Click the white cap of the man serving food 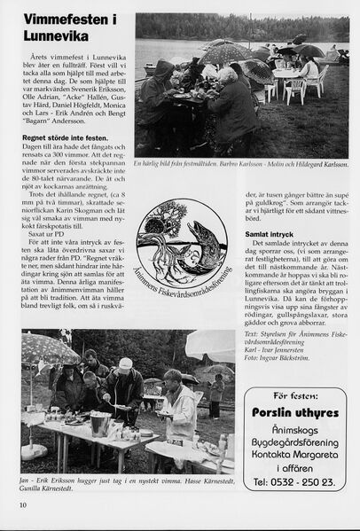pos(125,363)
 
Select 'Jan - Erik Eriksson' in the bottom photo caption pos(53,477)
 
